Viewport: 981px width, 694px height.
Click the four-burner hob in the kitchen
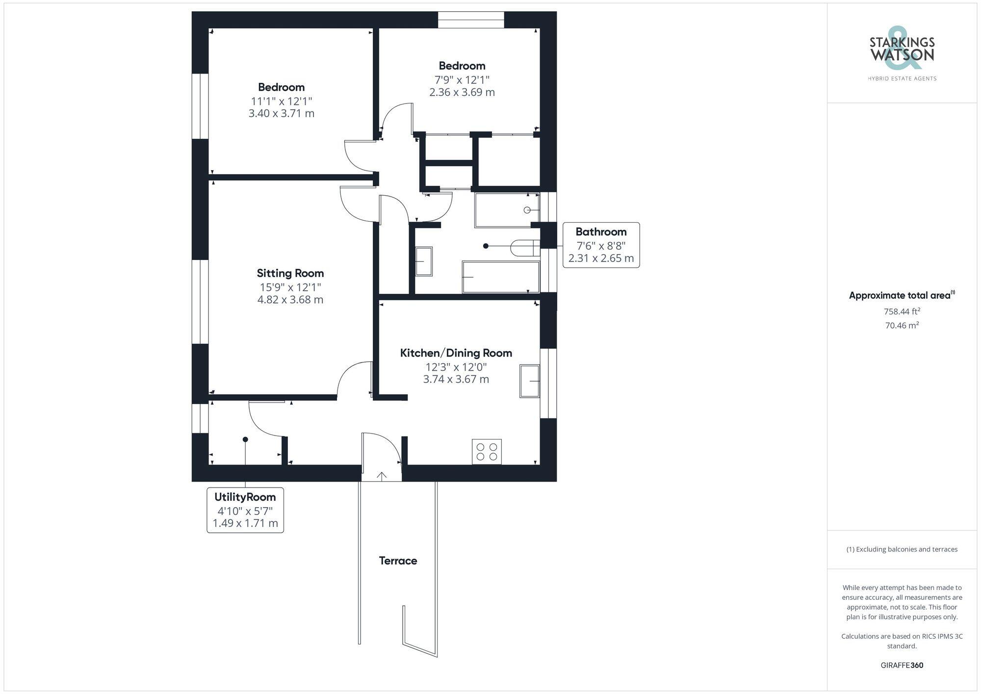[x=487, y=452]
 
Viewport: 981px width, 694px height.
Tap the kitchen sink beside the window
[x=530, y=381]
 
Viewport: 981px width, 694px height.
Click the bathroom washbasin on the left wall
[x=424, y=261]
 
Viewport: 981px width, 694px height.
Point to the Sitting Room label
[x=290, y=273]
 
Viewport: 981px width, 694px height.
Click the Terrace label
[x=398, y=561]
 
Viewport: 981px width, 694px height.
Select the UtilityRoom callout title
[x=245, y=497]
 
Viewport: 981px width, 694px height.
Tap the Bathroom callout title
[x=601, y=231]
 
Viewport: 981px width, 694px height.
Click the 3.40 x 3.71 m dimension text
[x=281, y=113]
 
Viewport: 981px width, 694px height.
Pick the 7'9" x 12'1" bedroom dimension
[x=462, y=79]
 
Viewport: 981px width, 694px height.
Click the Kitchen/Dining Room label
[x=456, y=353]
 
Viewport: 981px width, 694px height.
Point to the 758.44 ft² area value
[x=902, y=311]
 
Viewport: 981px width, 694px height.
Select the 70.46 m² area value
[x=902, y=325]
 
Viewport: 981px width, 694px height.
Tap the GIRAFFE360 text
[x=902, y=665]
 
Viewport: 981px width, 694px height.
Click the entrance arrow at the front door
[x=382, y=475]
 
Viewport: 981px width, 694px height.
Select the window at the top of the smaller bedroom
[x=471, y=20]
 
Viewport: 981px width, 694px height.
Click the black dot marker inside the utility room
[x=245, y=439]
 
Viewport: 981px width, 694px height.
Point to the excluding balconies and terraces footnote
[x=902, y=549]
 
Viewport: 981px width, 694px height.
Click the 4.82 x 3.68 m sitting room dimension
[x=290, y=300]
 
